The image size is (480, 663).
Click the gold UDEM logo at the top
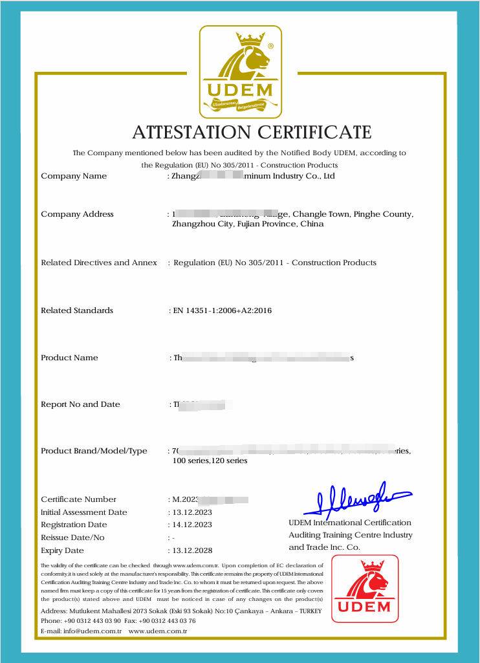[x=240, y=72]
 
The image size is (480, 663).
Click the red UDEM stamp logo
[x=364, y=588]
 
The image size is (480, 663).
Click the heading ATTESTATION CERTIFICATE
[x=252, y=133]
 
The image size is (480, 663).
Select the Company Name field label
[x=74, y=176]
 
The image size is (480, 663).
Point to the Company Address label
[x=77, y=214]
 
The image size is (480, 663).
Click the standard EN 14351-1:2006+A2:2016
[x=222, y=310]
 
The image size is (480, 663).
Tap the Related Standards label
[x=77, y=310]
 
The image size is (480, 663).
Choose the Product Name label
[x=69, y=358]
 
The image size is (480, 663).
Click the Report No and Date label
[x=80, y=404]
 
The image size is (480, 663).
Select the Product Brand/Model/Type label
[x=94, y=451]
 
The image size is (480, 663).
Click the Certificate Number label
[x=78, y=499]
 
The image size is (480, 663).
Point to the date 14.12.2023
[x=191, y=525]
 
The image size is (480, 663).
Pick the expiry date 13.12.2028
[x=191, y=551]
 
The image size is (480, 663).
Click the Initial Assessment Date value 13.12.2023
[x=191, y=512]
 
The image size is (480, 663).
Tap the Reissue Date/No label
[x=72, y=538]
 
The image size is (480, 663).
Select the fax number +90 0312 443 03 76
[x=170, y=621]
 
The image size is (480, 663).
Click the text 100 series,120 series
[x=210, y=461]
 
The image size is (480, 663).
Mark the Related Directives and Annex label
[x=99, y=263]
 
